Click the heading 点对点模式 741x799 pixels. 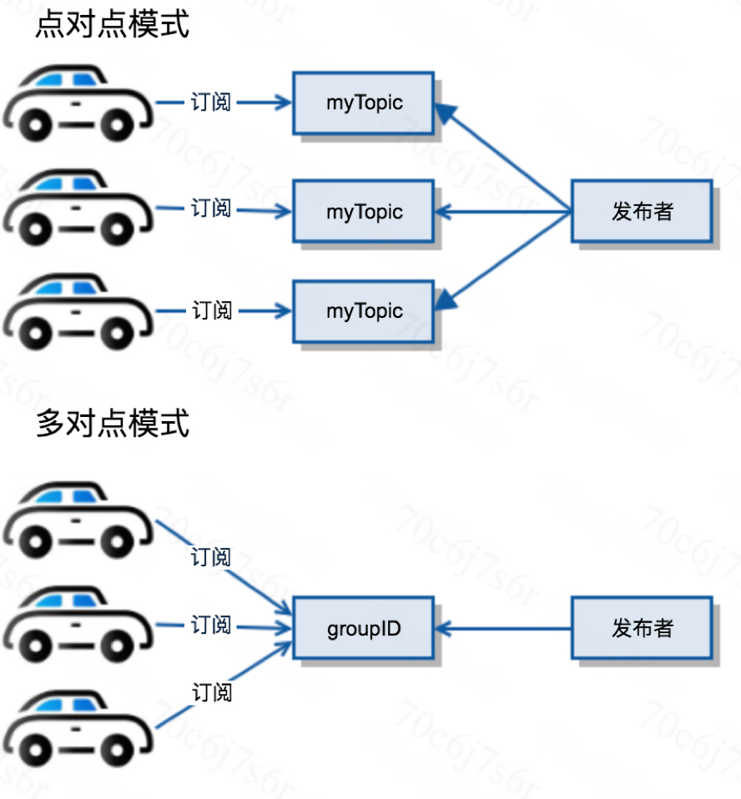(113, 24)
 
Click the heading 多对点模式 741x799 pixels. (113, 423)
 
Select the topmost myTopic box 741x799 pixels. (364, 103)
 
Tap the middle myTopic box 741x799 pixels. (364, 211)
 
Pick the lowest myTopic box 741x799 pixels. (364, 311)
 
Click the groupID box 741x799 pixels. (364, 628)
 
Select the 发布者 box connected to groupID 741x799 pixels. (642, 628)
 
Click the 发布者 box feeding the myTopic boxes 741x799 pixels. (642, 211)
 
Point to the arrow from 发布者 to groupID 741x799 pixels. (503, 629)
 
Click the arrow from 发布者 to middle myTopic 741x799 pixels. (503, 212)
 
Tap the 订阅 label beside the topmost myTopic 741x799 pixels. (211, 103)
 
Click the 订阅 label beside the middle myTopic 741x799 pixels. (211, 209)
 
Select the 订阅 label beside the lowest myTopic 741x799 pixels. (212, 310)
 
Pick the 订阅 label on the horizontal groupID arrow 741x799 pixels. (211, 625)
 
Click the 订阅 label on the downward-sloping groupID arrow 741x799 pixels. (211, 557)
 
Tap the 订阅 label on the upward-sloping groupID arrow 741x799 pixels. (212, 692)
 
